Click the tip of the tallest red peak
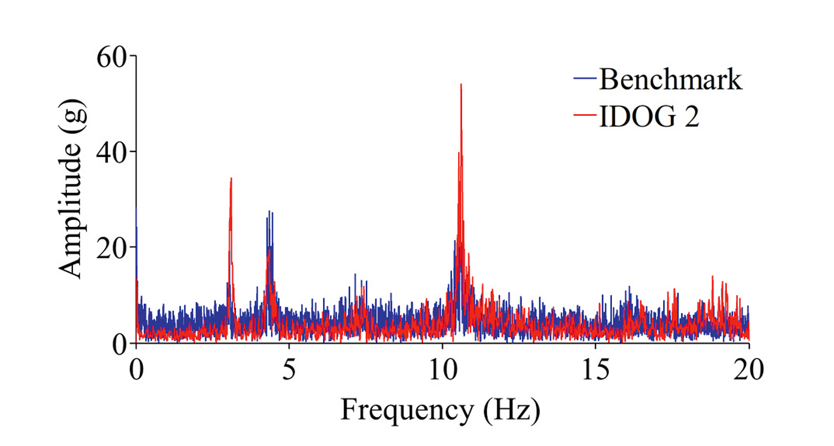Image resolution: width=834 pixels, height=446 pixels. point(461,85)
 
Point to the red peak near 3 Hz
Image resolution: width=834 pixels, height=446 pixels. point(231,179)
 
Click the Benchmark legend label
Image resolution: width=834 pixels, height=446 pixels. point(670,79)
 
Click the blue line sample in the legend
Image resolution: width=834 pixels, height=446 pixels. point(585,79)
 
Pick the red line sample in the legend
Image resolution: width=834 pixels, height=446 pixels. point(585,114)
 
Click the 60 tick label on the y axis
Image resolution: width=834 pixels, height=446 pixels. point(112,56)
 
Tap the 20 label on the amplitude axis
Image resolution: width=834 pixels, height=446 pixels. point(112,249)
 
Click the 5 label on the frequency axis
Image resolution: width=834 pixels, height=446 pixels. point(289,369)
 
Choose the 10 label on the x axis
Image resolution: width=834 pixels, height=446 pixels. point(443,369)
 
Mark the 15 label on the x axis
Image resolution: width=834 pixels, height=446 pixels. point(595,369)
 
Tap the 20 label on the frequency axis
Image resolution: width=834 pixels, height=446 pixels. point(749,369)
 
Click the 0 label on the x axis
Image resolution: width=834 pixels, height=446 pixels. point(136,369)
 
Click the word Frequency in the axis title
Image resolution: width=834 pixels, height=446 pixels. point(407,410)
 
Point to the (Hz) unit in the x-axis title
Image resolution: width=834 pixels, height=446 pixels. point(511,410)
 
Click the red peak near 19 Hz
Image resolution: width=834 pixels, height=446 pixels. point(713,277)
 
